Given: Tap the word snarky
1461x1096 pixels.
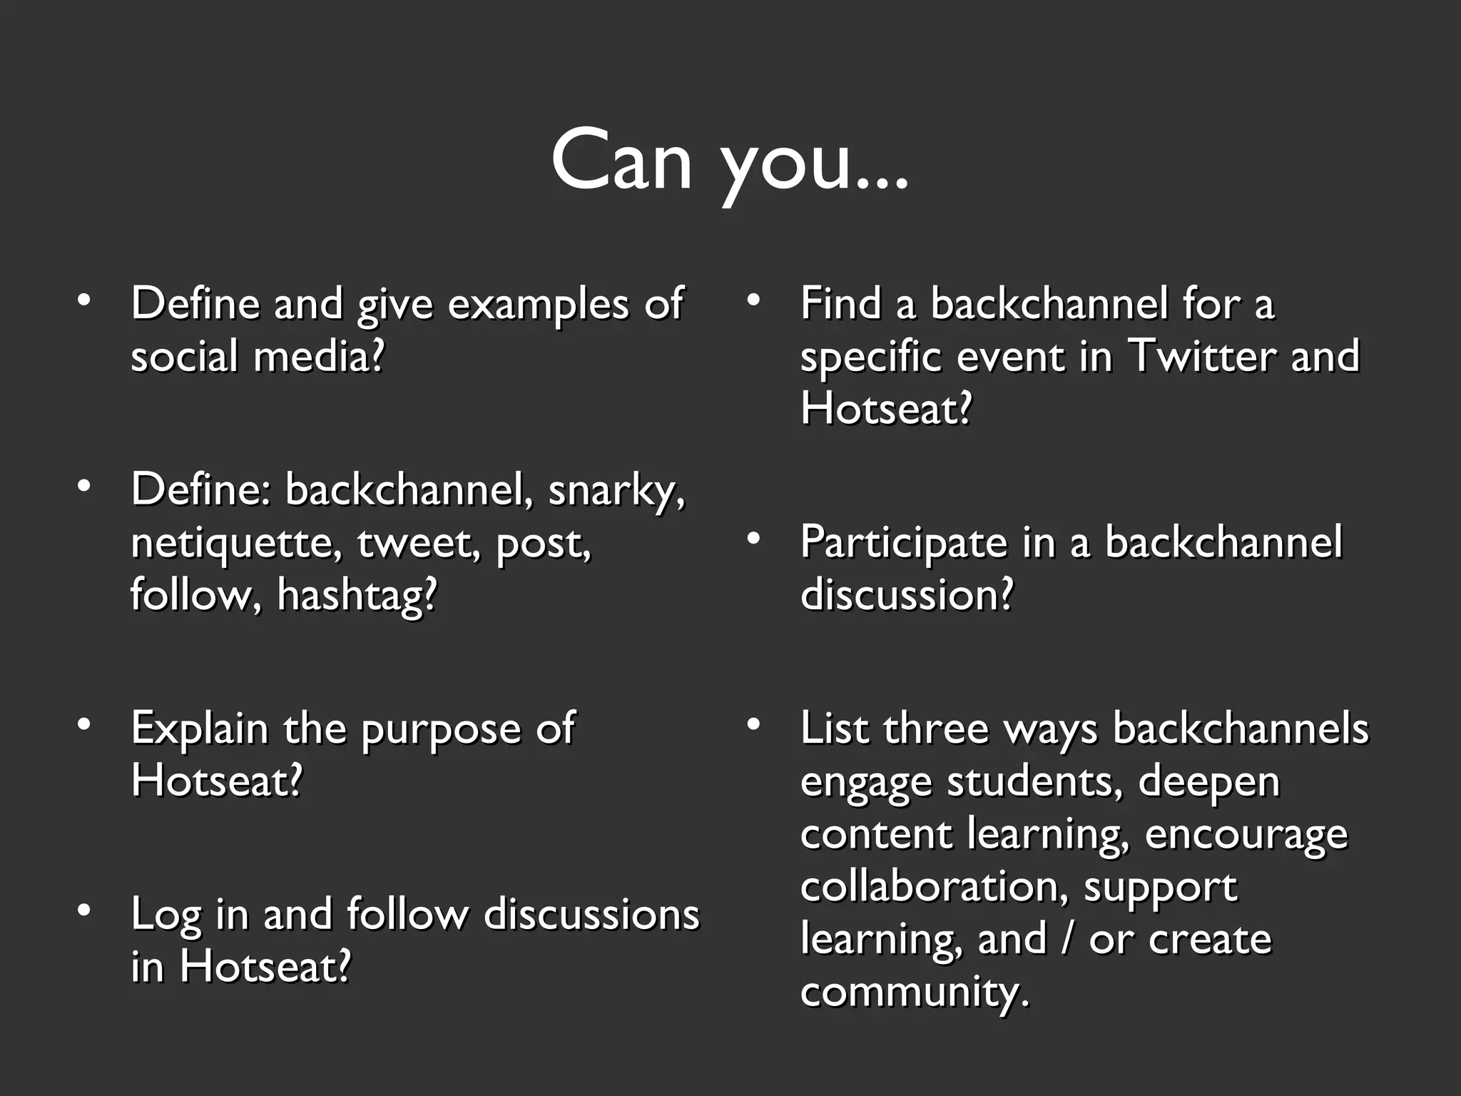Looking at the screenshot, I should coord(615,491).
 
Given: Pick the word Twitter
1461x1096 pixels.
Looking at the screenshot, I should coord(1201,356).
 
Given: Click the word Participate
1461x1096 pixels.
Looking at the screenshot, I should coord(903,542).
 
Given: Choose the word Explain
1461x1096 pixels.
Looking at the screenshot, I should coord(199,730).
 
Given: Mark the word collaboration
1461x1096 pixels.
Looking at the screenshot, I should coord(933,887).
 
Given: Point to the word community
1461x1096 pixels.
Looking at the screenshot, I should coord(915,993).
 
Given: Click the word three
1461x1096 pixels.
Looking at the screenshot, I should coord(935,729).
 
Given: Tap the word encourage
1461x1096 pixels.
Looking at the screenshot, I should coord(1246,835).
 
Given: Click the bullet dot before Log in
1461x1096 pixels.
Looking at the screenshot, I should coord(84,910).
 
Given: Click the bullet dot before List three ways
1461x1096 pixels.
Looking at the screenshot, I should coord(753,724).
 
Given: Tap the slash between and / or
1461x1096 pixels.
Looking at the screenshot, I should coord(1067,939).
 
